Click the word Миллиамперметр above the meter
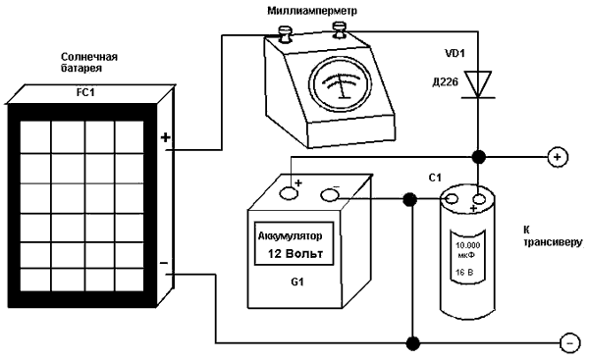point(312,11)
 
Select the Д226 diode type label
point(445,81)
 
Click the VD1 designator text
point(455,54)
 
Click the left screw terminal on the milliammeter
point(285,34)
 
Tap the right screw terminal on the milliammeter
point(340,29)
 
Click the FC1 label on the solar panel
point(85,93)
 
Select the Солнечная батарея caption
point(89,63)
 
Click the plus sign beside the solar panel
point(165,137)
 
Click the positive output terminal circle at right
point(558,157)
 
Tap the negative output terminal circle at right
point(569,343)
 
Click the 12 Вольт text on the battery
point(295,254)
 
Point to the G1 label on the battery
point(297,282)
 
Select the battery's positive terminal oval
point(289,193)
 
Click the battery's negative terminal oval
point(330,194)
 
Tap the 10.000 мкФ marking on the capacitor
point(467,250)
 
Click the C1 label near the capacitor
point(435,178)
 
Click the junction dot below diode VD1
point(478,157)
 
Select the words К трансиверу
point(552,236)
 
